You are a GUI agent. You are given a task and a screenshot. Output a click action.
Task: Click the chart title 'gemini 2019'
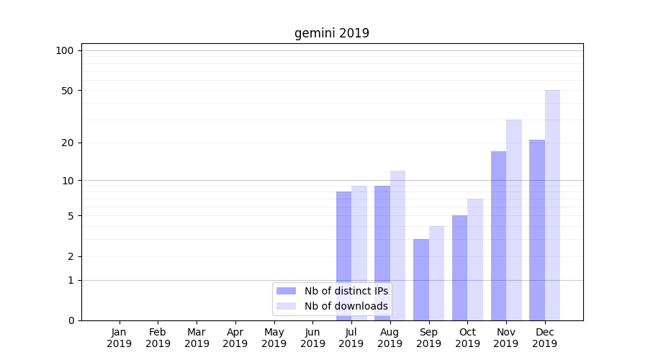click(x=331, y=33)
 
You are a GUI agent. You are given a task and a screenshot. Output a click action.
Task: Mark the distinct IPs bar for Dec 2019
click(x=537, y=230)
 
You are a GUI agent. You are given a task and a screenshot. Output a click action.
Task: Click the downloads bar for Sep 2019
click(x=436, y=273)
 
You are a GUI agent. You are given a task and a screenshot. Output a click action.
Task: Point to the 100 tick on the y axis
click(x=65, y=50)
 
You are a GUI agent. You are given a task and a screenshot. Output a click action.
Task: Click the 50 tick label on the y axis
click(x=68, y=91)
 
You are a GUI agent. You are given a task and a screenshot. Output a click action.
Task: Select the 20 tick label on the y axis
click(x=68, y=143)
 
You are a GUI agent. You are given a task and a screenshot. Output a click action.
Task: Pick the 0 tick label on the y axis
click(x=71, y=320)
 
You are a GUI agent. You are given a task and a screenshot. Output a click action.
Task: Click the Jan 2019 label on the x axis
click(x=120, y=338)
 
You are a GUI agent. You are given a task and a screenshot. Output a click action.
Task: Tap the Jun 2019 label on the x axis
click(x=312, y=338)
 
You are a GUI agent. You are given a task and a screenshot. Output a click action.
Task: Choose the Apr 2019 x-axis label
click(x=235, y=338)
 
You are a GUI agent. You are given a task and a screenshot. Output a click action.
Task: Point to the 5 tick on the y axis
click(x=71, y=216)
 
